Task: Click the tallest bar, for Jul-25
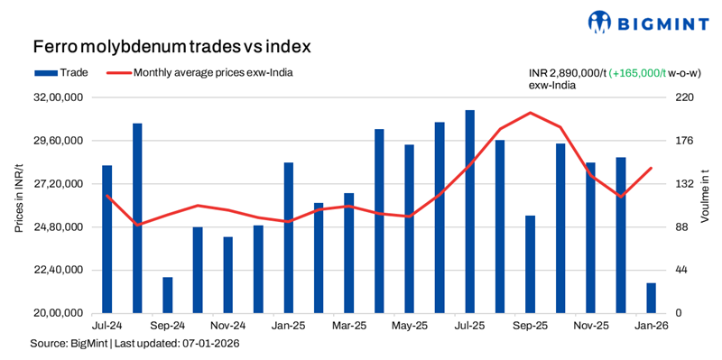pos(470,211)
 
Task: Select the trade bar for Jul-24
pos(107,239)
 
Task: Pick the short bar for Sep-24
pos(168,295)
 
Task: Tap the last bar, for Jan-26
pos(651,298)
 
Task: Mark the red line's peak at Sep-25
pos(531,113)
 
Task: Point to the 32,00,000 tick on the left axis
pos(61,97)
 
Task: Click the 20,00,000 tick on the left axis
pos(61,313)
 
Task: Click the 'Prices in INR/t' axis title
pos(19,205)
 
